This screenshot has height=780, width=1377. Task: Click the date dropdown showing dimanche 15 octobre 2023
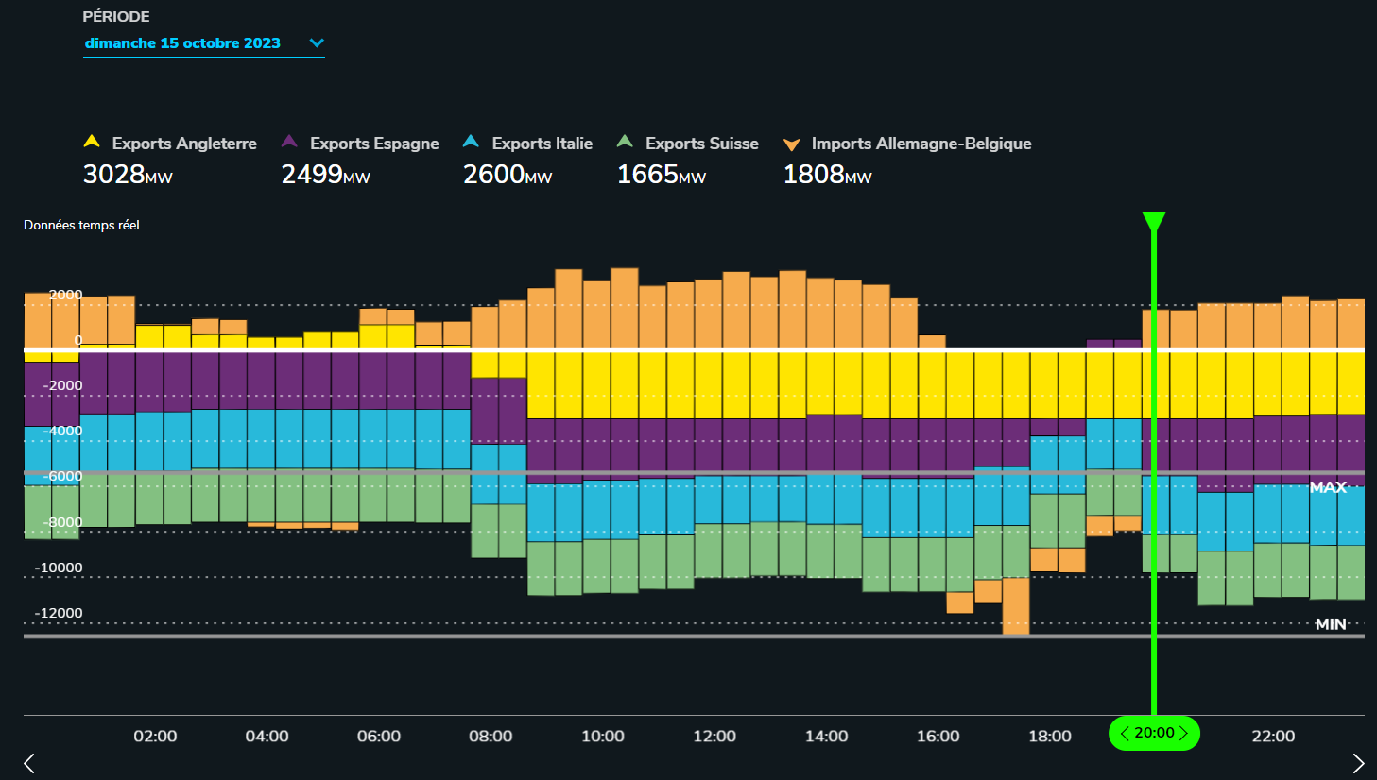pyautogui.click(x=203, y=43)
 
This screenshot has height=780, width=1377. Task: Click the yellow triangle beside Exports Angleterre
pyautogui.click(x=92, y=142)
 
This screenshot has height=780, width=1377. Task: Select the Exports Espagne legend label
pyautogui.click(x=374, y=144)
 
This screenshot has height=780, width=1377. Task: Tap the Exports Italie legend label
pyautogui.click(x=542, y=144)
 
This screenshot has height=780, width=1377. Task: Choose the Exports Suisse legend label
pyautogui.click(x=701, y=144)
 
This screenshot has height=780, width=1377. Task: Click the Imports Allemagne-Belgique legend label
pyautogui.click(x=921, y=144)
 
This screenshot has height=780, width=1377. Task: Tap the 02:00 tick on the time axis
pyautogui.click(x=155, y=737)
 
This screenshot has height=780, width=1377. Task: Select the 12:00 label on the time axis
pyautogui.click(x=714, y=737)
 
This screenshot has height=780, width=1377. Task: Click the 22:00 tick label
pyautogui.click(x=1273, y=737)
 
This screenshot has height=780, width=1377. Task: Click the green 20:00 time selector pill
pyautogui.click(x=1154, y=733)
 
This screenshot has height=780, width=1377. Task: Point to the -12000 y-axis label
pyautogui.click(x=59, y=613)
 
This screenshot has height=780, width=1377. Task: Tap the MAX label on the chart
pyautogui.click(x=1328, y=487)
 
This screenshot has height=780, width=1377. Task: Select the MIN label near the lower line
pyautogui.click(x=1331, y=624)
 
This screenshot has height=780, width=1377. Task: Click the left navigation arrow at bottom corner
pyautogui.click(x=29, y=763)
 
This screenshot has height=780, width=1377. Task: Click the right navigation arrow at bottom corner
pyautogui.click(x=1358, y=763)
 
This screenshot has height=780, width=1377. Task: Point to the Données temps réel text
pyautogui.click(x=81, y=225)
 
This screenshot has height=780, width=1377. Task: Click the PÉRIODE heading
pyautogui.click(x=116, y=17)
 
